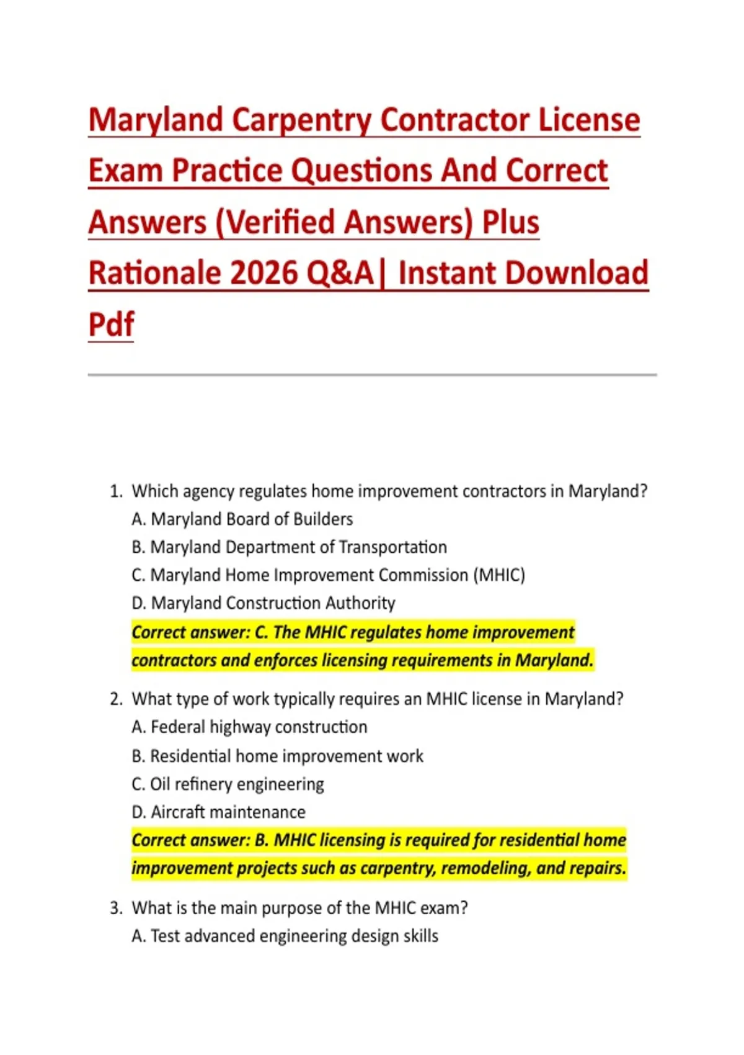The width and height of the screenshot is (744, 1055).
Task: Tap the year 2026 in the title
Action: click(x=263, y=272)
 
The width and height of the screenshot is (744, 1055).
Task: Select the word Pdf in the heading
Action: click(x=111, y=323)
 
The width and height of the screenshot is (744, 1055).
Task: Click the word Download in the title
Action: click(x=570, y=272)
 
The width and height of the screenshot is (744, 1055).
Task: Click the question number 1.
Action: click(x=116, y=492)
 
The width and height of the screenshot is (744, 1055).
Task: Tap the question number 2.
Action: click(x=116, y=699)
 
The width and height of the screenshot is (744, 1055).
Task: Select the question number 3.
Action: click(x=116, y=907)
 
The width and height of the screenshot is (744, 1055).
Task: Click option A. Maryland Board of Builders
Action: click(x=242, y=519)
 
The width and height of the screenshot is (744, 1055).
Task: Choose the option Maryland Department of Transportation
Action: click(x=290, y=547)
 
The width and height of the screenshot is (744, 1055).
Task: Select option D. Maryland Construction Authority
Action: click(x=263, y=603)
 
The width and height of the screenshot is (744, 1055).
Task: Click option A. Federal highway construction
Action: click(x=249, y=727)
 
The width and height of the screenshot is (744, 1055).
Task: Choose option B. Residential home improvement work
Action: click(x=278, y=756)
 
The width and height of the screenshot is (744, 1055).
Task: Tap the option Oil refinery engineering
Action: click(x=228, y=784)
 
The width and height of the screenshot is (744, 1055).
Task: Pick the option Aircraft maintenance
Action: click(x=219, y=812)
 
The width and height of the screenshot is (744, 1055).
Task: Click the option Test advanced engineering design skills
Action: click(x=285, y=936)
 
